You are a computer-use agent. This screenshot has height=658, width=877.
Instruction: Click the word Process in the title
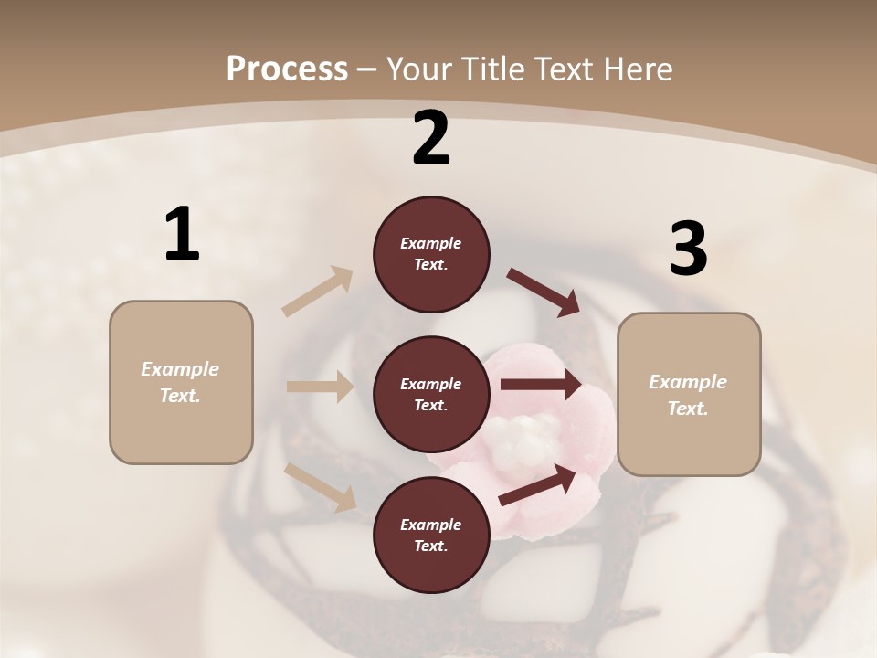[287, 69]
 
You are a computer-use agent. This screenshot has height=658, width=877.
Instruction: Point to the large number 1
[182, 235]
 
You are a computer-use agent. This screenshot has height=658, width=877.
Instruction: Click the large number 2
[431, 138]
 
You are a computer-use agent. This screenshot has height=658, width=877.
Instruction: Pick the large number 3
[688, 249]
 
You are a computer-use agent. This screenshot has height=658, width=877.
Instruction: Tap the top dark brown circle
[431, 254]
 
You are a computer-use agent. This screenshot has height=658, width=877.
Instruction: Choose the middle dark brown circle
[431, 395]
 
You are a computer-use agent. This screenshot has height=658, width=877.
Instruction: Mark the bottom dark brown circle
[431, 536]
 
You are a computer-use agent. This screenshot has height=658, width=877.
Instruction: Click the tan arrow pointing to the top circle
[318, 292]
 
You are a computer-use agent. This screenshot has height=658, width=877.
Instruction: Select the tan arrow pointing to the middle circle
[320, 387]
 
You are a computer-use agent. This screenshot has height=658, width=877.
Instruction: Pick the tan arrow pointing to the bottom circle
[321, 486]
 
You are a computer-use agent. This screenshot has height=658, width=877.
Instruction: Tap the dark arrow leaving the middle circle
[541, 385]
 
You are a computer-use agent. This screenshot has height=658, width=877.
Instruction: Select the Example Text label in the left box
[180, 382]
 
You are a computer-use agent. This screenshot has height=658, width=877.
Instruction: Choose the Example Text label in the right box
[688, 395]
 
